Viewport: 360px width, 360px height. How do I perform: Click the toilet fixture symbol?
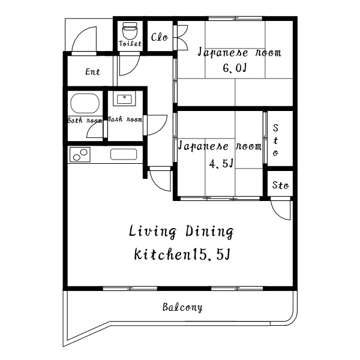click(x=130, y=31)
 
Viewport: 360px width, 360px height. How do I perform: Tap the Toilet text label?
click(x=130, y=44)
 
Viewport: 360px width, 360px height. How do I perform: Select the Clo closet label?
click(x=160, y=37)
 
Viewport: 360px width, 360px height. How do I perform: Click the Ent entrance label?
click(x=92, y=71)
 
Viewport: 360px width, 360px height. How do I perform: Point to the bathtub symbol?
click(x=85, y=103)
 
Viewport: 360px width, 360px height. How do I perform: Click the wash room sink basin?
click(x=124, y=100)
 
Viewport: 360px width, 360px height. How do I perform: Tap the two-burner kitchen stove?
click(x=80, y=155)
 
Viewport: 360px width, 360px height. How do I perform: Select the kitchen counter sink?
click(x=124, y=154)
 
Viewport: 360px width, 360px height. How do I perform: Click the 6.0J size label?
click(x=235, y=68)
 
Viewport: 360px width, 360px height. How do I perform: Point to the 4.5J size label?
click(x=221, y=163)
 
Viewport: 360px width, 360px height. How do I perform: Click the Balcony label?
click(x=182, y=307)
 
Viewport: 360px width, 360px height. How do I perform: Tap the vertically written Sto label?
click(x=276, y=140)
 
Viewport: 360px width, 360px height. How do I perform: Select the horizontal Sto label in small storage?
click(x=280, y=185)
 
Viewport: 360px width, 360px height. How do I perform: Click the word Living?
click(x=152, y=231)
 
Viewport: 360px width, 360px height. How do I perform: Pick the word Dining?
click(x=209, y=232)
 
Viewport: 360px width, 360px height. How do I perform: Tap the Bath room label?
click(x=85, y=121)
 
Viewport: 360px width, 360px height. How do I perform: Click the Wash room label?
click(x=125, y=119)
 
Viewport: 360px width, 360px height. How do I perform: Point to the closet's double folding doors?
click(x=181, y=37)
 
